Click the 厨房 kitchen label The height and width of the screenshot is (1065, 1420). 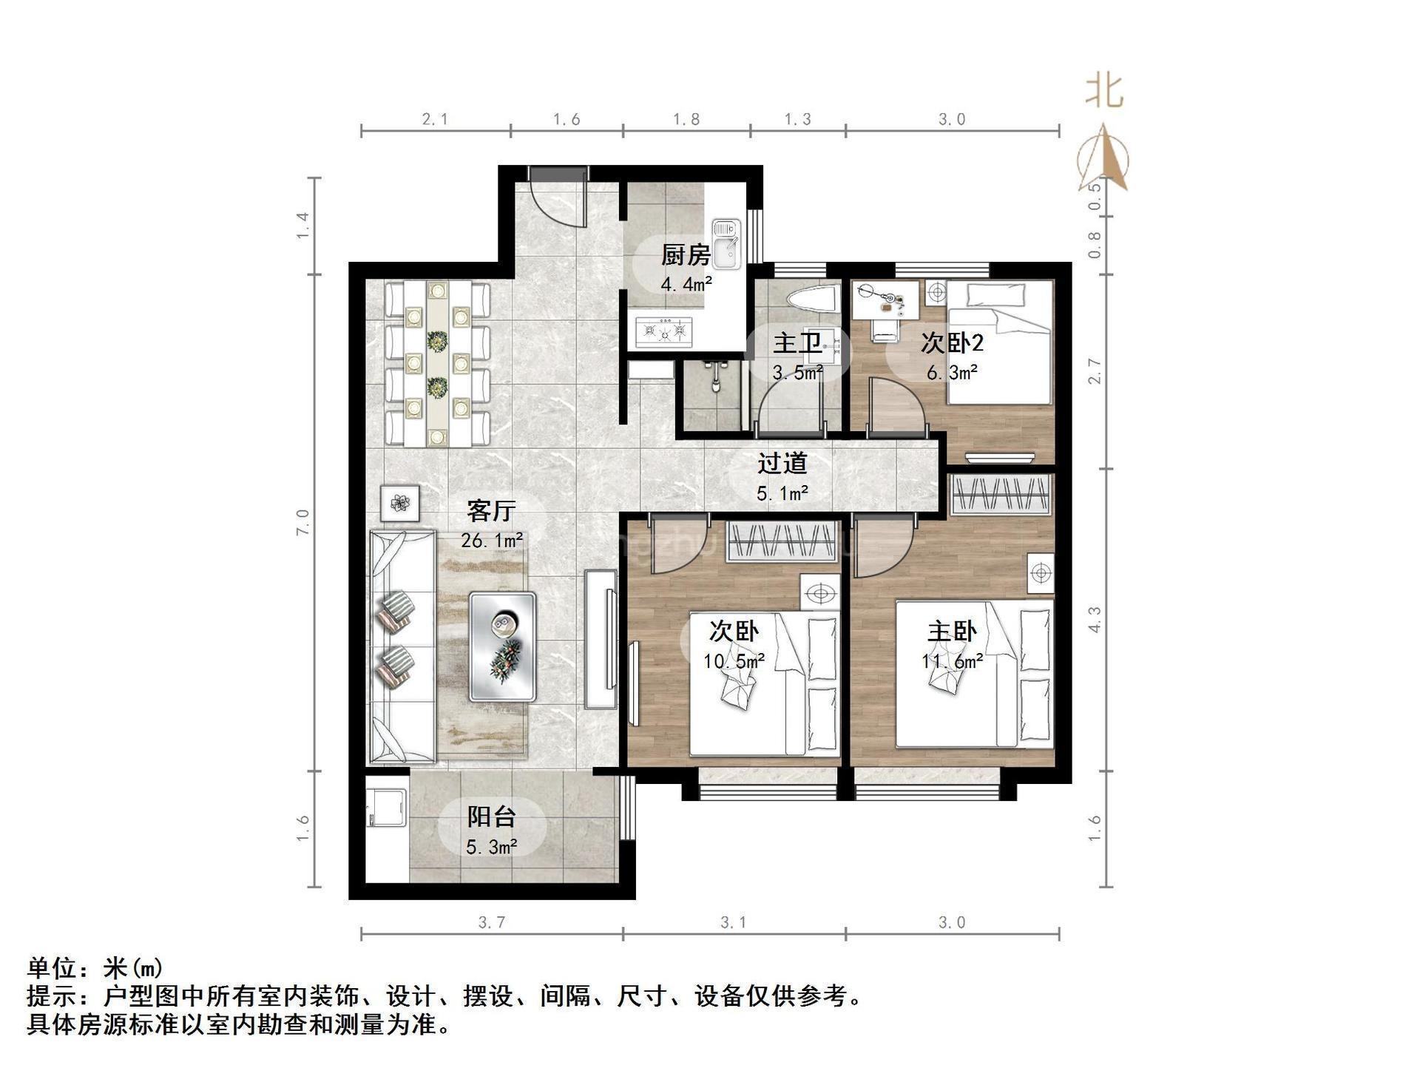pyautogui.click(x=686, y=255)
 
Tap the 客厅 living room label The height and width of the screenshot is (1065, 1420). pyautogui.click(x=491, y=511)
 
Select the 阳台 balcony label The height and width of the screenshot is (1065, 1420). pyautogui.click(x=491, y=816)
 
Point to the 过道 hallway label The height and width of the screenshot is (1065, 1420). pyautogui.click(x=782, y=463)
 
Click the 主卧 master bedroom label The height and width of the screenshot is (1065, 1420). pyautogui.click(x=952, y=632)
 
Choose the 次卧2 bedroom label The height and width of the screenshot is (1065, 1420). pyautogui.click(x=952, y=343)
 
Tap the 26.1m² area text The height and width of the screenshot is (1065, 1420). pyautogui.click(x=492, y=540)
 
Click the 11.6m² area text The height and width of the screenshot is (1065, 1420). pyautogui.click(x=952, y=661)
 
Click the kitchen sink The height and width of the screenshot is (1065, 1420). pyautogui.click(x=727, y=245)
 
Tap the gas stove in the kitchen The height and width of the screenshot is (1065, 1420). pyautogui.click(x=664, y=332)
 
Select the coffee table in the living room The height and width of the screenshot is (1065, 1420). pyautogui.click(x=503, y=646)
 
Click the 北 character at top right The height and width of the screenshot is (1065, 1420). pyautogui.click(x=1104, y=92)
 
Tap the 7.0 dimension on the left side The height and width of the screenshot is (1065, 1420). pyautogui.click(x=303, y=522)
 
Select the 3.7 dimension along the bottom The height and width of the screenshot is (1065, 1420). pyautogui.click(x=492, y=922)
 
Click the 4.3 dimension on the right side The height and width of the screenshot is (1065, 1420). pyautogui.click(x=1095, y=619)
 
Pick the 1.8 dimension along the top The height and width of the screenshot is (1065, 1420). pyautogui.click(x=686, y=119)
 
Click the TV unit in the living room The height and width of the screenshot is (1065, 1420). pyautogui.click(x=601, y=639)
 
